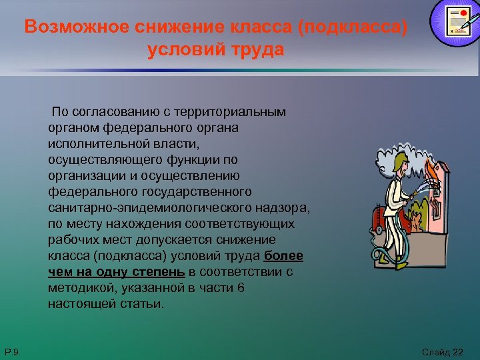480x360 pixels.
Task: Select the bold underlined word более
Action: point(284,256)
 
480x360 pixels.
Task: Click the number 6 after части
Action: point(241,288)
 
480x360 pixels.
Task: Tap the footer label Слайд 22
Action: point(442,351)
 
